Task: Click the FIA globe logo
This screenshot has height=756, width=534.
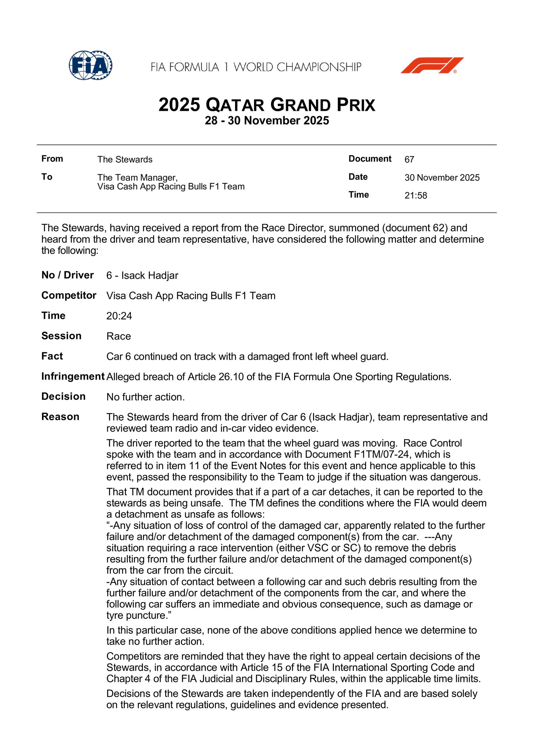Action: coord(90,65)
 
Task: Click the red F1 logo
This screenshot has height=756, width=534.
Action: coord(432,65)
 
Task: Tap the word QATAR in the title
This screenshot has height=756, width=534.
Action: coord(235,105)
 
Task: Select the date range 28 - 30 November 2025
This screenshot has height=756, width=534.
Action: coord(267,121)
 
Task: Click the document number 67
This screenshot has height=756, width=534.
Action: coord(409,160)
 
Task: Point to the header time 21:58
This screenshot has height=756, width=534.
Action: coord(416,195)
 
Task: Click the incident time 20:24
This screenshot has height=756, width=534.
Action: coord(119,316)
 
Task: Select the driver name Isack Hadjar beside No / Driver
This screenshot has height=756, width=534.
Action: coord(150,275)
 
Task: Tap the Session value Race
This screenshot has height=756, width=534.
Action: coord(118,336)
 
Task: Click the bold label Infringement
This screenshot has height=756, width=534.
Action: coord(73,376)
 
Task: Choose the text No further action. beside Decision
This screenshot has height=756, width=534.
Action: coord(146,397)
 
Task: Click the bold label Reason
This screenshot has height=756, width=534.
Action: coord(60,417)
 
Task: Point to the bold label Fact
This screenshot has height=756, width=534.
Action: coord(52,356)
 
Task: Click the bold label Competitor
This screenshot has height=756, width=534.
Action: coord(69,296)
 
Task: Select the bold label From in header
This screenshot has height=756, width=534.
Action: coord(52,159)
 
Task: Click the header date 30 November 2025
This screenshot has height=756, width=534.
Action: coord(442,178)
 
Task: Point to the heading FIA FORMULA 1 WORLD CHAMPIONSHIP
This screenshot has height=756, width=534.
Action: coord(256,67)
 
